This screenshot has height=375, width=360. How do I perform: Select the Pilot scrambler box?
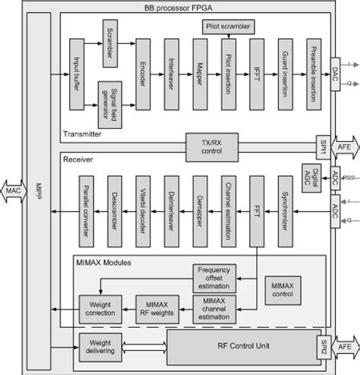228,27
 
